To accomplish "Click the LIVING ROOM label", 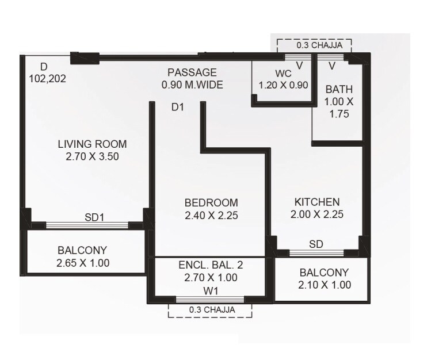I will coord(92,144).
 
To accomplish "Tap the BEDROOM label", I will coord(211,203).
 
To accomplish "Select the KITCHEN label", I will coord(317,202).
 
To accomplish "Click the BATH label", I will coord(339,89).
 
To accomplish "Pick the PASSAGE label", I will coord(192,72).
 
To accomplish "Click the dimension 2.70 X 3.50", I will coord(92,156).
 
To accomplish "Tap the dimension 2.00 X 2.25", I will coord(317,215).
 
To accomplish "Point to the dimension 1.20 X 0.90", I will coord(284,85).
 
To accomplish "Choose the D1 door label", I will coord(178,106).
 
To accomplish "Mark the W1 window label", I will coord(211,290).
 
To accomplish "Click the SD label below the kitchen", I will coord(316,244).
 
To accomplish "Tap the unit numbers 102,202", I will coord(47,79).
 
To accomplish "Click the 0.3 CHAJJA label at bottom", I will coord(210,310).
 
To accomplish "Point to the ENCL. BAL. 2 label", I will coord(211,266).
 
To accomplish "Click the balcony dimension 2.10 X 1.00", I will coord(325,285).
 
